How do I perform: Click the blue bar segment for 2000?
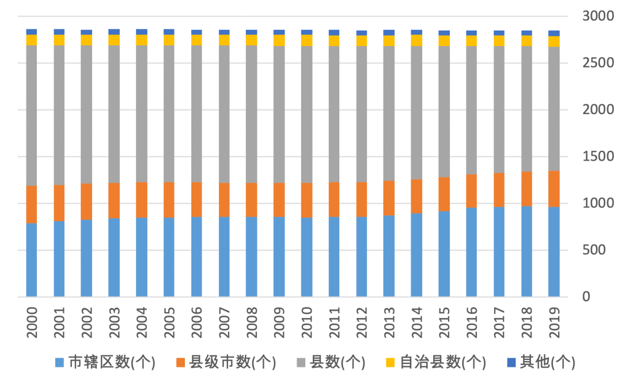(32, 259)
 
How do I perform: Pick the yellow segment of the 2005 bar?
(169, 40)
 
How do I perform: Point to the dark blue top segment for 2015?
(444, 33)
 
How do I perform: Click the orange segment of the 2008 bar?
(251, 200)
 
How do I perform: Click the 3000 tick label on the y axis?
(594, 16)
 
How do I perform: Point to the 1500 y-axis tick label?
(594, 157)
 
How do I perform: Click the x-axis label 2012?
(362, 322)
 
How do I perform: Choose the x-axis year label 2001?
(60, 322)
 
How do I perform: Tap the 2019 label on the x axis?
(554, 322)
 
